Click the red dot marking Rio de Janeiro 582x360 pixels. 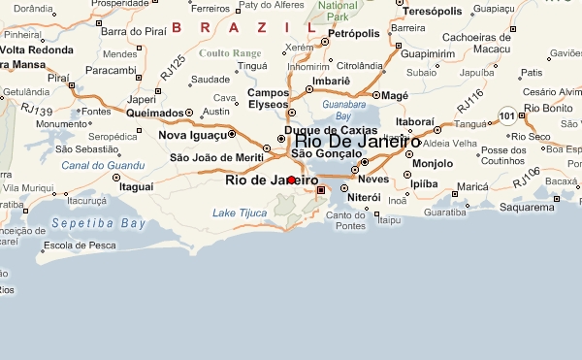[291, 180]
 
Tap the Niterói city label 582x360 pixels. [364, 197]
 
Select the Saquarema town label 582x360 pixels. [525, 207]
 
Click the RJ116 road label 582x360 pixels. [469, 100]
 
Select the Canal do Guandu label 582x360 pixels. [97, 165]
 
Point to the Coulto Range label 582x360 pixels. [229, 52]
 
